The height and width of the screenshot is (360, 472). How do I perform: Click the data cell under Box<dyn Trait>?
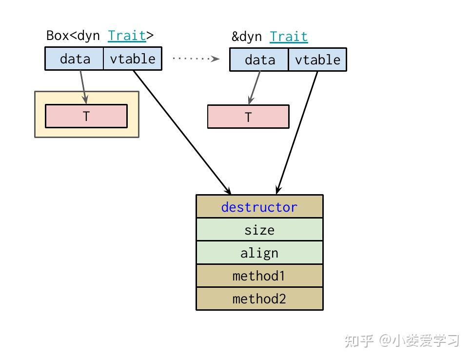[74, 59]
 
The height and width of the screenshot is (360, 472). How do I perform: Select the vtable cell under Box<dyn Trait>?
[132, 59]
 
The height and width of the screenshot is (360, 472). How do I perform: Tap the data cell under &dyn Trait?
[259, 60]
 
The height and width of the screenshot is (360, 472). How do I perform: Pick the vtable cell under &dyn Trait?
[317, 60]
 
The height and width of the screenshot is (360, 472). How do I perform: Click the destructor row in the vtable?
[259, 207]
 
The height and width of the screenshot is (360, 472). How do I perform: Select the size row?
[259, 230]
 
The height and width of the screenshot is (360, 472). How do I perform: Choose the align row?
[259, 253]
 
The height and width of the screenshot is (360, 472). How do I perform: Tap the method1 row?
[259, 276]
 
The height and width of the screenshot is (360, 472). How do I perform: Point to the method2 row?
[259, 299]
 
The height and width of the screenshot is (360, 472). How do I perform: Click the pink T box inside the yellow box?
[86, 116]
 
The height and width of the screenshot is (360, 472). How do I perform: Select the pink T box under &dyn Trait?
[248, 117]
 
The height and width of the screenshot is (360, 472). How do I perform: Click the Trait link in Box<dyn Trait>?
[127, 36]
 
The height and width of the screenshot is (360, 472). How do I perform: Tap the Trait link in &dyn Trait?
[289, 37]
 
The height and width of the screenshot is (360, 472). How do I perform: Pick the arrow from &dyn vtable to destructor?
[297, 132]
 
